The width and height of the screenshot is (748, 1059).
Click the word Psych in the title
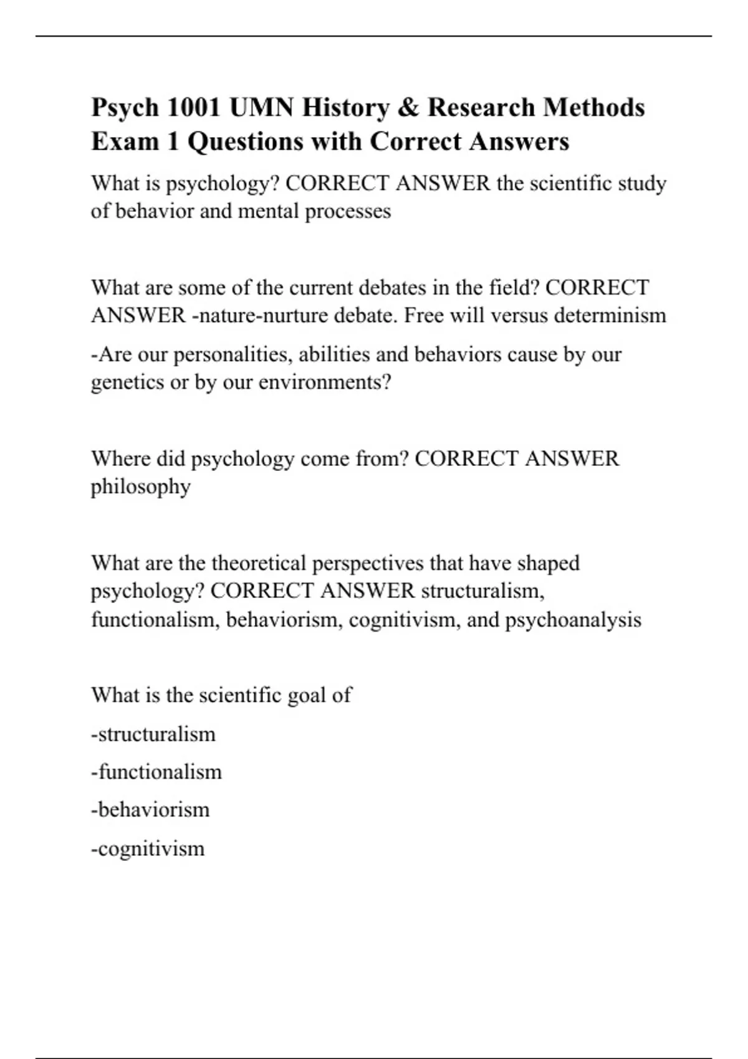coord(125,108)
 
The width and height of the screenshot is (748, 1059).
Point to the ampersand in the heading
coord(408,108)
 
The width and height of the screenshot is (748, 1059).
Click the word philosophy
coord(141,487)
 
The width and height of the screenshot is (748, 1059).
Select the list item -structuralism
coord(153,734)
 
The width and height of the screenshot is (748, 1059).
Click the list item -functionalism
coord(156,772)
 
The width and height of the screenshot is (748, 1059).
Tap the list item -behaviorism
coord(150,810)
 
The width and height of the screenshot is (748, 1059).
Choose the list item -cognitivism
coord(148,848)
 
